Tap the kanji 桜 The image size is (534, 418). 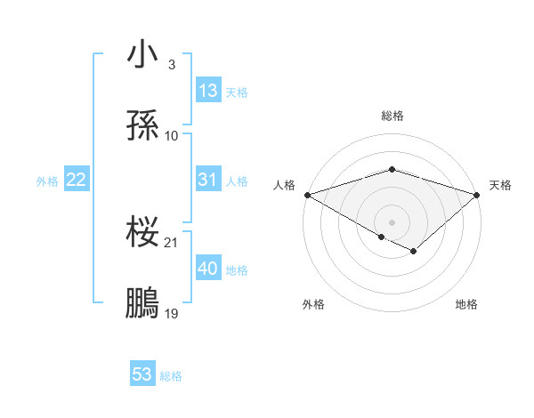[x=143, y=232]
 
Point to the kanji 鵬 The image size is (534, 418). [x=143, y=303]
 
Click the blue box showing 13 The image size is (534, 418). [x=208, y=91]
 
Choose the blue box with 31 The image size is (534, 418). [x=208, y=180]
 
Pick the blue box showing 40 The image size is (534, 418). [x=208, y=269]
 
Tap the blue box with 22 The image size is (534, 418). [x=77, y=180]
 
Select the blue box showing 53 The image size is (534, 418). [x=142, y=374]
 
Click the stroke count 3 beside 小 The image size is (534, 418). [x=171, y=65]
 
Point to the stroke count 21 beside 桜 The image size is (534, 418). [x=172, y=242]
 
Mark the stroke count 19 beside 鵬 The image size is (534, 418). [x=172, y=313]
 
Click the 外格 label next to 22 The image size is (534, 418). [x=47, y=181]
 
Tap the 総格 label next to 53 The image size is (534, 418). [x=171, y=376]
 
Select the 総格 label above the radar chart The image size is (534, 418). [x=392, y=116]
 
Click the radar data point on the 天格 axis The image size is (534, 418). [x=477, y=194]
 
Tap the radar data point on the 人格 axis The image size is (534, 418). [x=307, y=194]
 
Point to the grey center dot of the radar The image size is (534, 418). [x=392, y=221]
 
